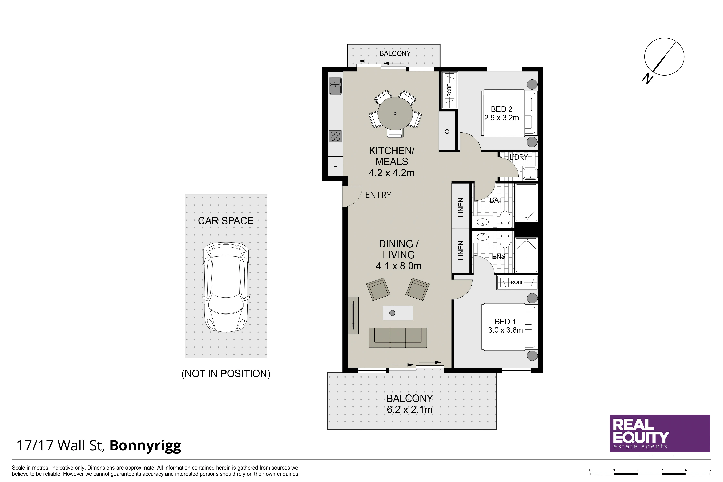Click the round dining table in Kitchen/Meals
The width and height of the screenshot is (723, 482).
[395, 113]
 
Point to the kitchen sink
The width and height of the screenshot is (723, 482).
[335, 86]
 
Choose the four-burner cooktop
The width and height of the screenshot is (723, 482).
[335, 136]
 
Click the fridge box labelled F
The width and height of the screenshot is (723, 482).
[335, 166]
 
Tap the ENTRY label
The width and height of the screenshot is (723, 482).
[378, 195]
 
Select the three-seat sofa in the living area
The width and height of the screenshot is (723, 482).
[398, 338]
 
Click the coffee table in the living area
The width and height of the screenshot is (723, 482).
[398, 313]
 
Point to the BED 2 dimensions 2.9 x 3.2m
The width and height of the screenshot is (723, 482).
[502, 118]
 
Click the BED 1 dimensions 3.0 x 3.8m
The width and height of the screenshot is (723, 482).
[505, 330]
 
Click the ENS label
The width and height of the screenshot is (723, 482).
[499, 256]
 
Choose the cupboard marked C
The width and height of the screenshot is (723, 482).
[447, 131]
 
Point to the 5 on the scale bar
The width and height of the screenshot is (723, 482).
[710, 470]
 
